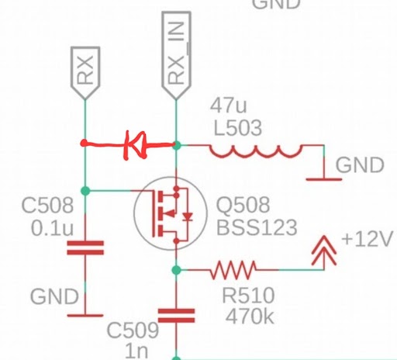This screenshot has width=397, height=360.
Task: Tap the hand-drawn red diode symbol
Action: (134, 145)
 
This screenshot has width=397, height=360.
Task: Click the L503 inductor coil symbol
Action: (255, 151)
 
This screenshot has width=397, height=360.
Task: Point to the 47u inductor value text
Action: (229, 106)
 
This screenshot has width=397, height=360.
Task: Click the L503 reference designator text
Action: (238, 128)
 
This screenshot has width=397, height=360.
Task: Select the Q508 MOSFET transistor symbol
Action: (171, 213)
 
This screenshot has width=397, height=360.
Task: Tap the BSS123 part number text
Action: (257, 227)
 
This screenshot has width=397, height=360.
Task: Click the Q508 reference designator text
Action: (243, 205)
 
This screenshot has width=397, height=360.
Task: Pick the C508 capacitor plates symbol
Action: (85, 247)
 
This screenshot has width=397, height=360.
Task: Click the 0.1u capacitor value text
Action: (52, 228)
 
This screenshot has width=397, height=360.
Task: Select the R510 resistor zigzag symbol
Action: (233, 270)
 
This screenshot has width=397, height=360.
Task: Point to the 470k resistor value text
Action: (250, 316)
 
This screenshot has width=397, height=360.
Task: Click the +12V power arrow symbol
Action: (324, 251)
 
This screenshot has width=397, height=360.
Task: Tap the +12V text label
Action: (367, 239)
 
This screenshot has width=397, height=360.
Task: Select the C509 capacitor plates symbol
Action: (176, 316)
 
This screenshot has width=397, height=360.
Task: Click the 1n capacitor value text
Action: (136, 351)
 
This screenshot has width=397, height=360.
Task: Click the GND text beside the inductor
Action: (360, 165)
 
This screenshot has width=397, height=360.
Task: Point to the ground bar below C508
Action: (85, 316)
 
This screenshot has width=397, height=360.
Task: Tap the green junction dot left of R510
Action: (176, 270)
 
